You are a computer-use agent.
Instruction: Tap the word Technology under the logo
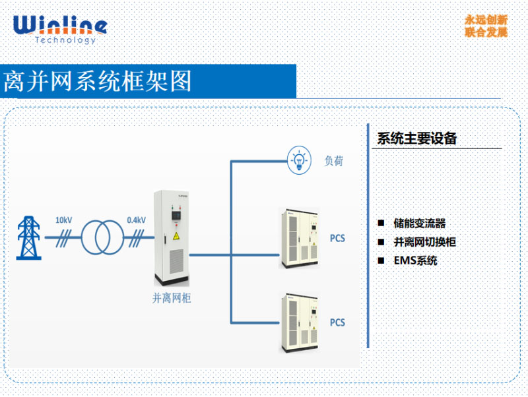[x=65, y=41]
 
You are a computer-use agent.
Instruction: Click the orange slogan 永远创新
[x=486, y=20]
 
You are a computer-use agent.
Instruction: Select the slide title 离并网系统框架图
[x=98, y=81]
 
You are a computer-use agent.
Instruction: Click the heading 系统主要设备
[x=416, y=138]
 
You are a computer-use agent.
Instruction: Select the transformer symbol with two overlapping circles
[x=102, y=235]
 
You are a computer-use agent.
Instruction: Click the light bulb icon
[x=298, y=159]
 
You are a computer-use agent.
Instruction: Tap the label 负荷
[x=334, y=160]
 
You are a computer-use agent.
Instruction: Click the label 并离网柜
[x=171, y=297]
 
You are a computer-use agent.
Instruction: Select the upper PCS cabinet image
[x=300, y=238]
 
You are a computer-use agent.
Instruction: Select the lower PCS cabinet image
[x=300, y=322]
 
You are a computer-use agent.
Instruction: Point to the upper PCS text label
[x=337, y=238]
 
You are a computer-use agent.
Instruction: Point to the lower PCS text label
[x=337, y=322]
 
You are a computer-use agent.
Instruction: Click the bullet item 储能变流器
[x=419, y=224]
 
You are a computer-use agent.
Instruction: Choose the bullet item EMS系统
[x=416, y=260]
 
